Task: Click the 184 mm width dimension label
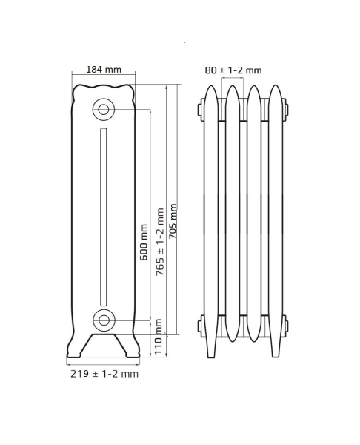(104, 70)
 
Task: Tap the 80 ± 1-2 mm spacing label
(233, 70)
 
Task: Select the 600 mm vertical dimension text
(144, 242)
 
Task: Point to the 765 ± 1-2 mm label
(160, 242)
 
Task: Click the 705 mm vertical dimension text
(173, 221)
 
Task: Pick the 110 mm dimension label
(159, 337)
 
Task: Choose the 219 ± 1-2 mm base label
(104, 374)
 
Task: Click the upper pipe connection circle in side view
(104, 109)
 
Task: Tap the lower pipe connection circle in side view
(104, 320)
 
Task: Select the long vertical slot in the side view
(104, 217)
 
